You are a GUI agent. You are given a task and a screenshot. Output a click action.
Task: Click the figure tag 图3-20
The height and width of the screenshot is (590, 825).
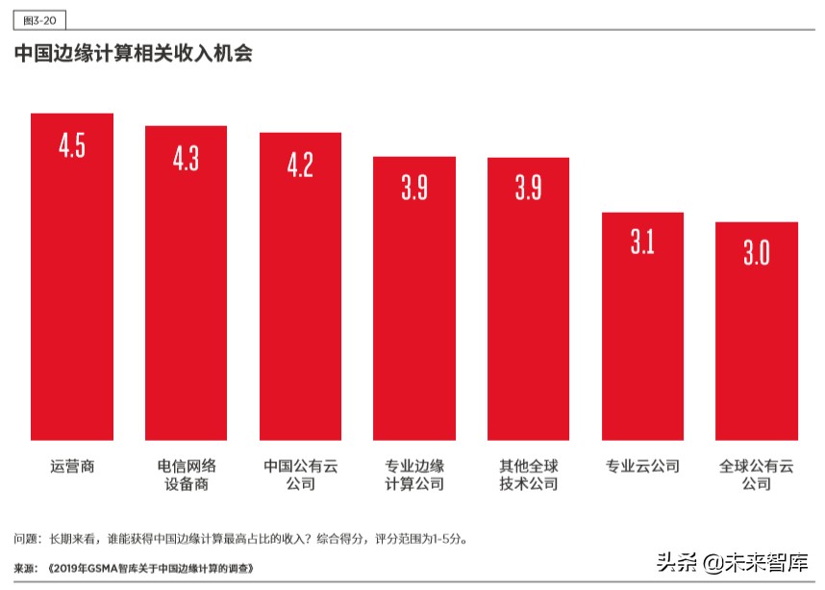[x=38, y=19]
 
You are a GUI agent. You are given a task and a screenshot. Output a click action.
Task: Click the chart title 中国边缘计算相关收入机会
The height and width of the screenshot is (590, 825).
[x=134, y=54]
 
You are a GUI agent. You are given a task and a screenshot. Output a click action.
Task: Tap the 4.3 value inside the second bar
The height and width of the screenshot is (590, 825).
[x=186, y=158]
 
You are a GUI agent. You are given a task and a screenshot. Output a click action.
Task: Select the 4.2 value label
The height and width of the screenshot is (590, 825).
[x=300, y=165]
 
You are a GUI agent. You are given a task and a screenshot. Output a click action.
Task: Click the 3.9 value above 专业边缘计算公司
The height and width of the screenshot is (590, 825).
[x=414, y=188]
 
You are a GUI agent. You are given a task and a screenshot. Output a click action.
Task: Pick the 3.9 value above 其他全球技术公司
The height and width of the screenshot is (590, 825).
[x=528, y=188]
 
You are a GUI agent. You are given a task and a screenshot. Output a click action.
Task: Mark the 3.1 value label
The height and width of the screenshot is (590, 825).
[x=642, y=243]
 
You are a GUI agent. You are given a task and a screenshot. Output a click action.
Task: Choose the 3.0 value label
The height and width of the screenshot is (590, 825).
[x=757, y=252]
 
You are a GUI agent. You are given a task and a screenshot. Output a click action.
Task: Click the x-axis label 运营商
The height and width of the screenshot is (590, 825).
[x=72, y=466]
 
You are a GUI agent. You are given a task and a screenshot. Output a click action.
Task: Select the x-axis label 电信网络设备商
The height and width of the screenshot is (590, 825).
[x=186, y=475]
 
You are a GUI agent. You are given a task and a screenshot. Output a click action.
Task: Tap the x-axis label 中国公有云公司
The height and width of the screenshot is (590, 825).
[x=300, y=475]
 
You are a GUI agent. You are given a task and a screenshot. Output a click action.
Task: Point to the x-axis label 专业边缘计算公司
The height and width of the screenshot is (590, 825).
[x=414, y=475]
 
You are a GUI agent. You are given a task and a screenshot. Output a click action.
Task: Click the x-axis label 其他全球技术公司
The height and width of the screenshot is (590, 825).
[x=528, y=475]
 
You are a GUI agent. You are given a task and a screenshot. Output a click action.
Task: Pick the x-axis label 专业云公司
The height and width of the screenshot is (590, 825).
[x=642, y=466]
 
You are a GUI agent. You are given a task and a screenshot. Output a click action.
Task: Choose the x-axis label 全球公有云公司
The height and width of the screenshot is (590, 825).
[x=757, y=475]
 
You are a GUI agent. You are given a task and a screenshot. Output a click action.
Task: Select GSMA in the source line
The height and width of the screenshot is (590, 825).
[x=97, y=568]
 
